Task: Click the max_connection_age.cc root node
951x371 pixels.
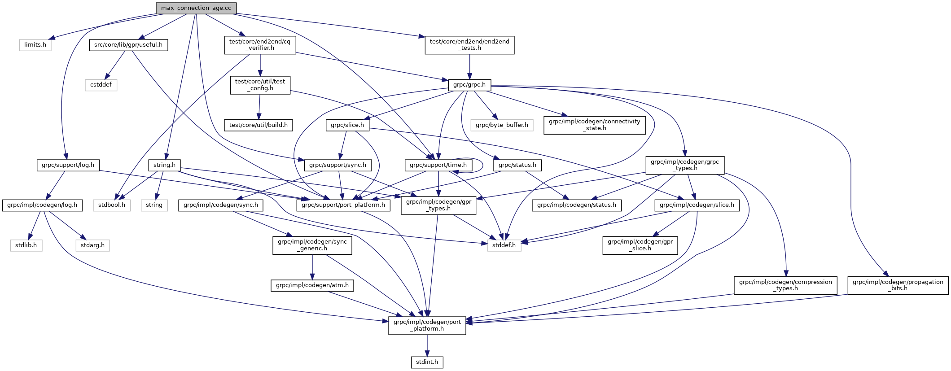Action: coord(196,8)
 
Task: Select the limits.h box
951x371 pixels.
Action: coord(35,45)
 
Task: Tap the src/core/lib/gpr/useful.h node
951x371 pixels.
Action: coord(128,45)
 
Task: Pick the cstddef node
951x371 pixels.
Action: coord(101,85)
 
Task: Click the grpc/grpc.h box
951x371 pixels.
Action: coord(469,85)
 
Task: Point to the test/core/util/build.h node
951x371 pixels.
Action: coord(259,125)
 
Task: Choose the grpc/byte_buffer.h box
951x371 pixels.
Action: coord(502,125)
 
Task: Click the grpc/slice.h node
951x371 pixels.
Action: coord(347,125)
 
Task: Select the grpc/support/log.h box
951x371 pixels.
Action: coord(68,165)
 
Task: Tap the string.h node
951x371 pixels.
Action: coord(164,165)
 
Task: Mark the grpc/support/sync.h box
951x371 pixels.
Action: coord(337,165)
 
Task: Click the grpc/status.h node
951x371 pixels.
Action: coord(517,165)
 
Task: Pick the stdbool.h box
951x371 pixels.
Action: coord(112,205)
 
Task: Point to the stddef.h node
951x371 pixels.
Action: coord(504,245)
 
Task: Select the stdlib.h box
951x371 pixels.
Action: coord(26,245)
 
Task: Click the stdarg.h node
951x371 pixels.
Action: coord(92,245)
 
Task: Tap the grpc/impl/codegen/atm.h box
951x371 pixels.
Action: coord(312,285)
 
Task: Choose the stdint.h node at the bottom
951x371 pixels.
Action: coord(427,362)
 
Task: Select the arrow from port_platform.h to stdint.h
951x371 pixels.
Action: coord(427,345)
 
